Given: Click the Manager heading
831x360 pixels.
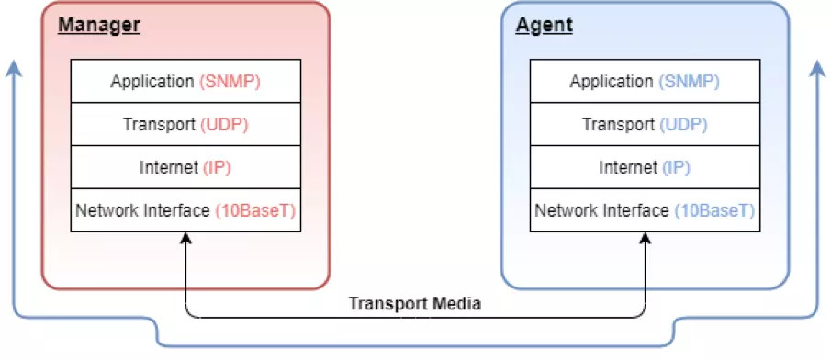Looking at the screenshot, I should point(98,25).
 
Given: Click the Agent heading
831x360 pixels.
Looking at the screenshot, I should point(544,25).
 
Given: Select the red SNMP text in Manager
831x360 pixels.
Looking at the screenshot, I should point(230,82).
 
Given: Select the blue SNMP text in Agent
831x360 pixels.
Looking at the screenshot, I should point(689,82).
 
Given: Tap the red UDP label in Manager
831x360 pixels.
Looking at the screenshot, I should point(225,124).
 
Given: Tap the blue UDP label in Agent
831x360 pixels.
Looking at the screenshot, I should point(684,124).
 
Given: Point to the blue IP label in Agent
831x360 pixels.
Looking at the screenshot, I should point(675,167).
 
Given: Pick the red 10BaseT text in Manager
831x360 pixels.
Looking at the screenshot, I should point(255,210).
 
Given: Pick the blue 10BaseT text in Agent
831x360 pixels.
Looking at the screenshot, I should point(714,210).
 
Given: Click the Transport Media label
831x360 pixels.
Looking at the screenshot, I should point(415,304).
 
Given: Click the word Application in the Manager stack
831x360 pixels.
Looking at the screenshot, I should point(152,82).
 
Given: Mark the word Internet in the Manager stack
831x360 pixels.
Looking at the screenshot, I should point(169,167).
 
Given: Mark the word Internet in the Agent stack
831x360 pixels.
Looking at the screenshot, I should point(628,167).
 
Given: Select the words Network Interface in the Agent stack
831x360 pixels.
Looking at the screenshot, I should point(601,210).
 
